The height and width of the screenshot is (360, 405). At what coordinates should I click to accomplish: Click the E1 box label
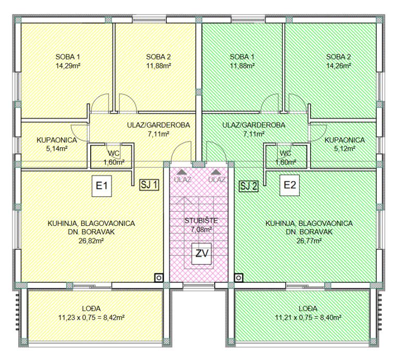click(102, 186)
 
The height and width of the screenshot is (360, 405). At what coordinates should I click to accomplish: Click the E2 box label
click(290, 185)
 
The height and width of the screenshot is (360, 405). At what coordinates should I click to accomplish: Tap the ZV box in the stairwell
click(202, 254)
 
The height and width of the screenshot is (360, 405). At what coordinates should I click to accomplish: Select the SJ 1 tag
click(149, 185)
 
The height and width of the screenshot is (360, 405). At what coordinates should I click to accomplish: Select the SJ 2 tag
click(249, 186)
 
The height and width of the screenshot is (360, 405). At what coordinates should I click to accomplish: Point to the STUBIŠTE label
click(201, 221)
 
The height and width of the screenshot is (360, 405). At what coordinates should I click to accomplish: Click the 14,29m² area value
click(68, 66)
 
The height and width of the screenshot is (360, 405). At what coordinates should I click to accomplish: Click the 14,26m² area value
click(338, 66)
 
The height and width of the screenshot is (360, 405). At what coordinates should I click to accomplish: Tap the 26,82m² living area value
click(91, 241)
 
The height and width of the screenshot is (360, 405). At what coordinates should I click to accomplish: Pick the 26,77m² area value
click(309, 241)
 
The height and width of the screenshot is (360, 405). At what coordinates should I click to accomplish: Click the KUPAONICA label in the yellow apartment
click(57, 140)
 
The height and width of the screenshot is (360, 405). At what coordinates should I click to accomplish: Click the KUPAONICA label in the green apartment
click(345, 140)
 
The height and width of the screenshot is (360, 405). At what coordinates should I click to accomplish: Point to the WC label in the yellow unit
click(114, 153)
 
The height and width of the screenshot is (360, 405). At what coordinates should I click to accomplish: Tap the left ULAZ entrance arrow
click(182, 172)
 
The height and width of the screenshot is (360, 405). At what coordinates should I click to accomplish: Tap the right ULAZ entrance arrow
click(216, 172)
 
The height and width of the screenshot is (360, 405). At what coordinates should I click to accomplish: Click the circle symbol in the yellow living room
click(159, 278)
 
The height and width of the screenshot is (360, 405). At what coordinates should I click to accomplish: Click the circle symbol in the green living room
click(239, 278)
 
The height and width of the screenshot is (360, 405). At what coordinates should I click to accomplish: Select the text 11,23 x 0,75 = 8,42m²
click(91, 317)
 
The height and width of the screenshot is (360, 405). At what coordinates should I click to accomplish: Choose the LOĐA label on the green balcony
click(308, 308)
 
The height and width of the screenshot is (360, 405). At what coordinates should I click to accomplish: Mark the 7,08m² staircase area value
click(201, 230)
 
